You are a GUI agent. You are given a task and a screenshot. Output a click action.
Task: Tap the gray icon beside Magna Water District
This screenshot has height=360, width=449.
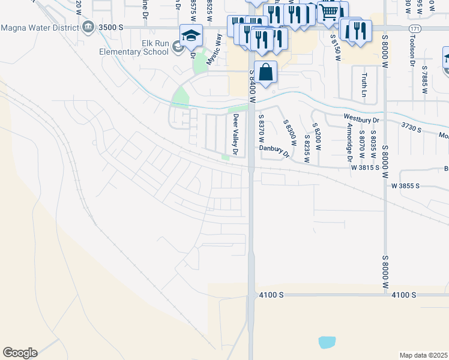click(89, 27)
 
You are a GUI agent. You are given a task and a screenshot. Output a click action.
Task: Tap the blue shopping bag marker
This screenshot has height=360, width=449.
click(265, 73)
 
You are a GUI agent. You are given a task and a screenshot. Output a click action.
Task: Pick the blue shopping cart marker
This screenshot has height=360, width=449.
click(328, 12)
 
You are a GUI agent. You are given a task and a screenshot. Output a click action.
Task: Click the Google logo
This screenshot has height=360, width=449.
click(20, 353)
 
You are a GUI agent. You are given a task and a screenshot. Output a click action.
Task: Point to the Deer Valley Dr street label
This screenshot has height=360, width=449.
click(236, 133)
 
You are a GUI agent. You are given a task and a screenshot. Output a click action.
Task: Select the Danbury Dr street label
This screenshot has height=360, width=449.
click(275, 151)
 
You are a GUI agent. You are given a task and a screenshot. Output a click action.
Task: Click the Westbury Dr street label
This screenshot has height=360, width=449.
click(361, 119)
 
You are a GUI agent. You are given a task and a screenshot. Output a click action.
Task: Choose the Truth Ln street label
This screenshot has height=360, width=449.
click(364, 86)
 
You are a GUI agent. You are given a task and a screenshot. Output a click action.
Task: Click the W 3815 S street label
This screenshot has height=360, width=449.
click(365, 167)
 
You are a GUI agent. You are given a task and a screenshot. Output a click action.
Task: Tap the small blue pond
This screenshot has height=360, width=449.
click(327, 343)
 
